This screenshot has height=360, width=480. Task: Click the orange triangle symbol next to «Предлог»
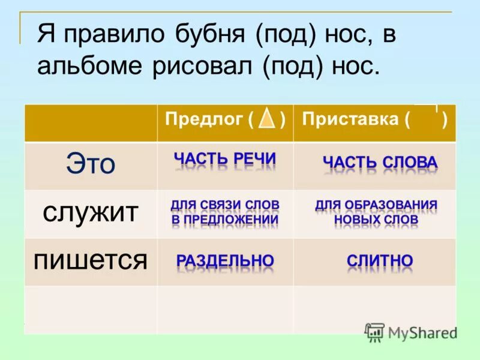(x=268, y=119)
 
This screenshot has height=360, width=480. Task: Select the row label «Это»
(x=91, y=164)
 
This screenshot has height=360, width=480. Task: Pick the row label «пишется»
(x=90, y=260)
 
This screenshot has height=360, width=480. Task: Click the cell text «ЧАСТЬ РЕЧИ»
(x=225, y=159)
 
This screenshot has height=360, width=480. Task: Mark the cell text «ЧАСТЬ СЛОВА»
(x=380, y=162)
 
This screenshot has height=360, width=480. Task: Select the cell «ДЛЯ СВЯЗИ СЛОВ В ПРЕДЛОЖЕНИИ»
(x=225, y=212)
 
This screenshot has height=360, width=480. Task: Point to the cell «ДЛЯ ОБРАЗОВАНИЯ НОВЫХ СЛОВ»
(x=376, y=212)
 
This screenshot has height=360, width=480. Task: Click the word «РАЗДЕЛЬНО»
(x=225, y=260)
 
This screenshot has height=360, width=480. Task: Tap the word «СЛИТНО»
(x=380, y=261)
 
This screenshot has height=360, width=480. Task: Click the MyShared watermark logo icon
(x=375, y=332)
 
